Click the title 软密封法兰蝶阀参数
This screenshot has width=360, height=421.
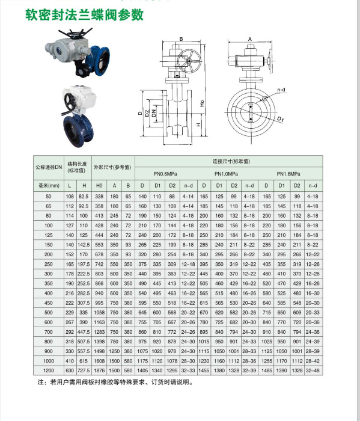(x=84, y=14)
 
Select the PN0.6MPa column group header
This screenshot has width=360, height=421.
(x=169, y=174)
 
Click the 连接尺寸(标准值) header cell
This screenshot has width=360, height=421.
(x=230, y=162)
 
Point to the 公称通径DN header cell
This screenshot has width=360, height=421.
(x=49, y=167)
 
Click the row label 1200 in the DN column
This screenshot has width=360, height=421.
(x=49, y=370)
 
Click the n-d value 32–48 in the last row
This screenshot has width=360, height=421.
(x=313, y=370)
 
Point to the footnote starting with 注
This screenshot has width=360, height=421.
(x=115, y=382)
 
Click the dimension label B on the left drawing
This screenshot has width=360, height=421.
(x=181, y=40)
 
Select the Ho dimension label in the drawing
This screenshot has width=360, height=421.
(x=203, y=103)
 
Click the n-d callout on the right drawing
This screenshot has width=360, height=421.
(x=281, y=90)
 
